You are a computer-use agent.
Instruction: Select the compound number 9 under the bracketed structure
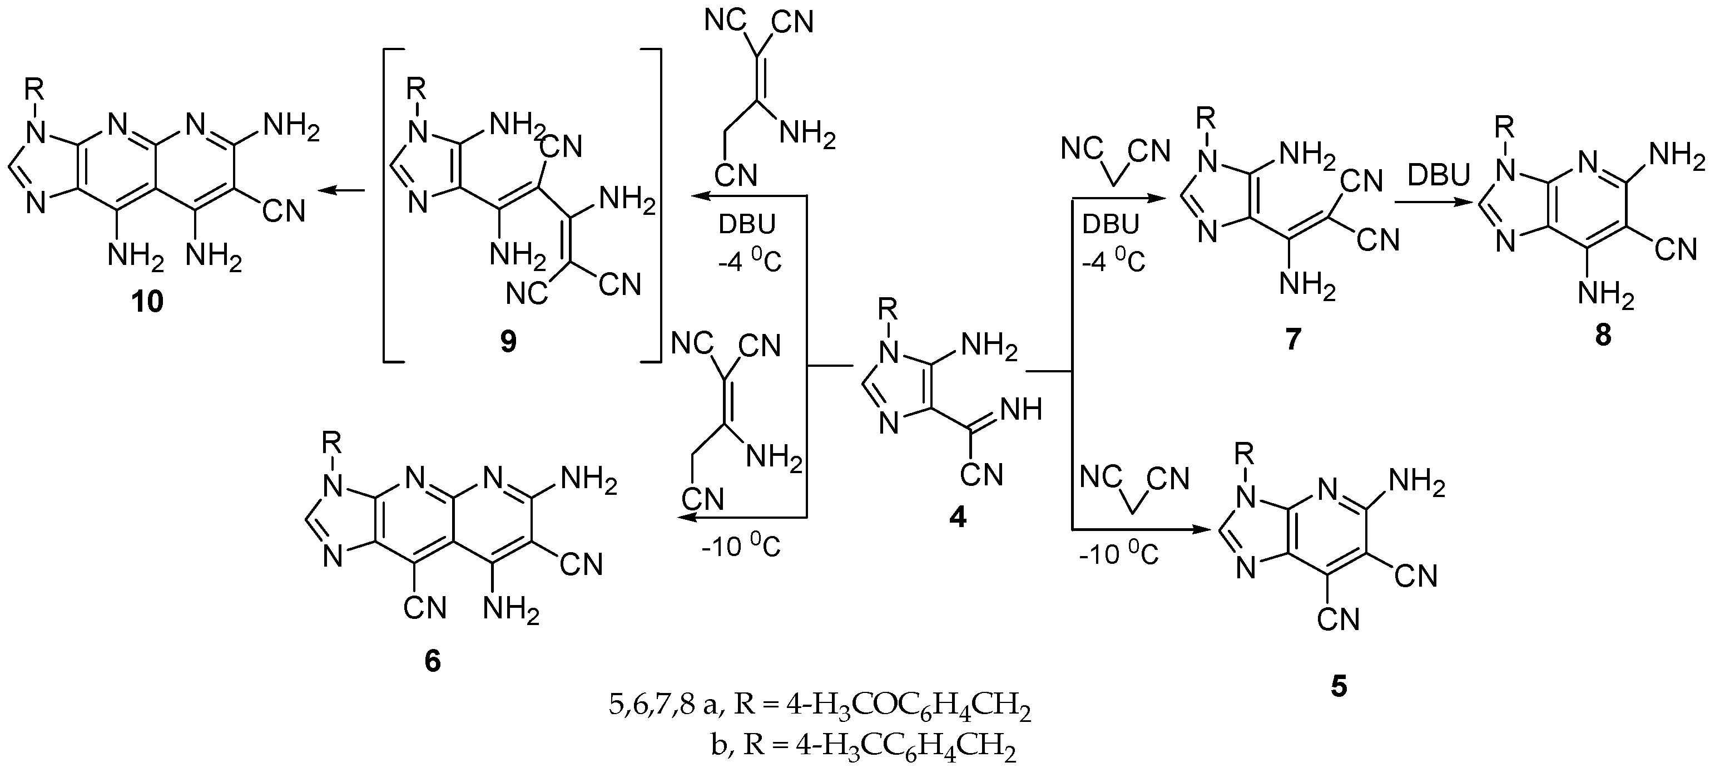pos(508,342)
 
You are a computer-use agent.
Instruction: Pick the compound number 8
pos(1603,336)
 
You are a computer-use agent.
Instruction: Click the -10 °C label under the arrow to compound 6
pos(740,548)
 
